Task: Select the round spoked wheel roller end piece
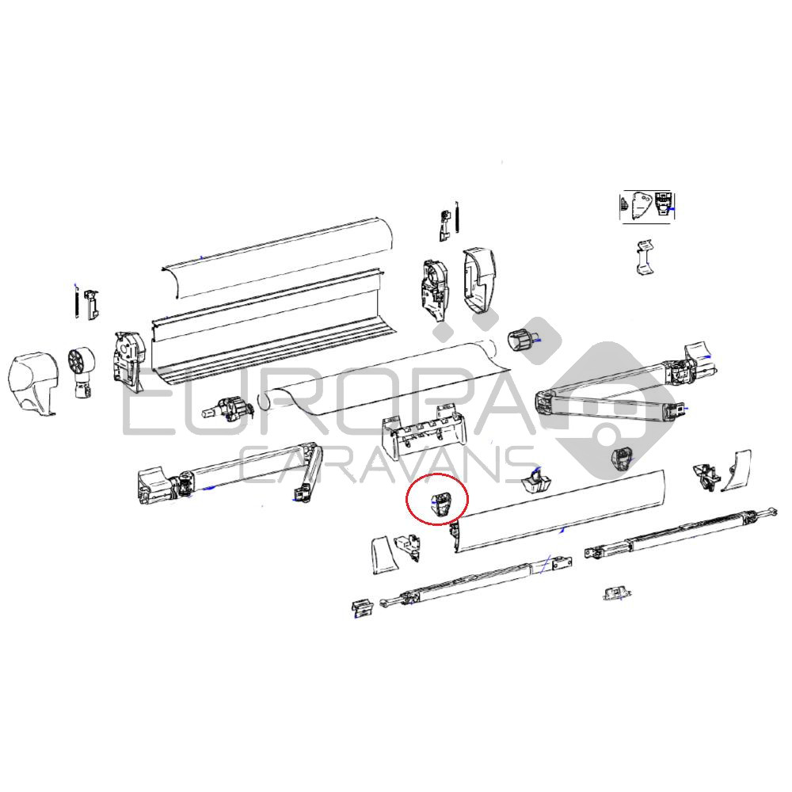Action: point(81,371)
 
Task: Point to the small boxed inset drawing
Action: point(647,207)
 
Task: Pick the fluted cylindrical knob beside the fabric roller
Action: point(520,340)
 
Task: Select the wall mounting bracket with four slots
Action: point(425,431)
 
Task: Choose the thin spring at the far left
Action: point(76,301)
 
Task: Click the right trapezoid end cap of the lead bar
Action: point(736,470)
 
